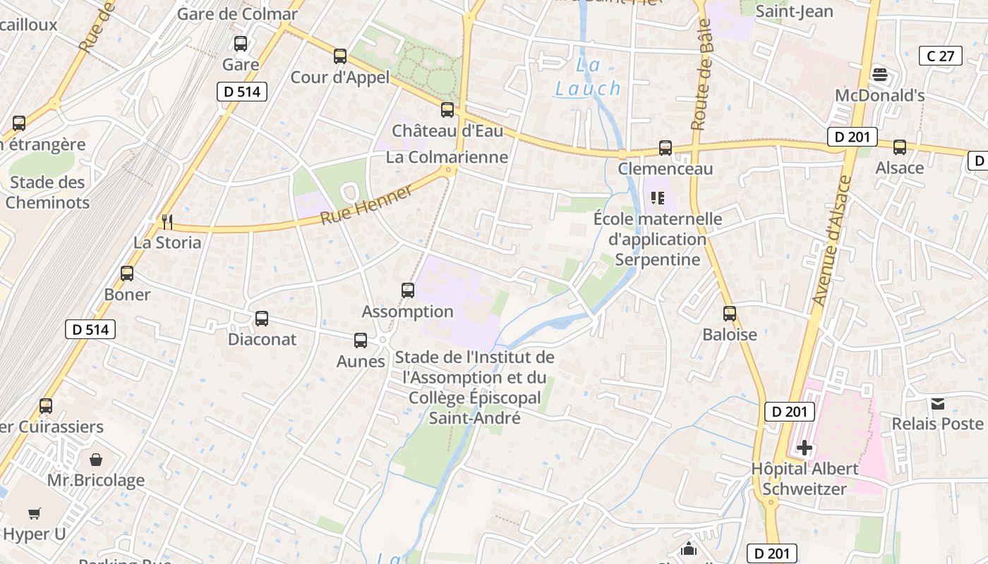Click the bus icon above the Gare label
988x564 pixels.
241,44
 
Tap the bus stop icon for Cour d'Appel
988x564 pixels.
340,56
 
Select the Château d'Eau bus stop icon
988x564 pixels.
447,110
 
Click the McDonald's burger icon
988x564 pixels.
879,74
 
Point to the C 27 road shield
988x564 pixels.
941,56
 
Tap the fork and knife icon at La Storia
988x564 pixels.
167,222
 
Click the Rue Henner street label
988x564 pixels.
366,204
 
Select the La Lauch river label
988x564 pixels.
588,77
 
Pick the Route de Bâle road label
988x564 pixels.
700,85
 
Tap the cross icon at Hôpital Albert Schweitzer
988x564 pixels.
804,448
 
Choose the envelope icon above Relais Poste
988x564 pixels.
937,403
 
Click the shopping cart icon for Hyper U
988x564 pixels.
35,514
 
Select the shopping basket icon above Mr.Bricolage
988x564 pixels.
96,460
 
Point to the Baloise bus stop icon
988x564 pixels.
730,314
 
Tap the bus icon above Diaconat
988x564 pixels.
262,319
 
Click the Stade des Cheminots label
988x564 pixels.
47,192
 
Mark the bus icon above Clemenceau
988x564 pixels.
665,148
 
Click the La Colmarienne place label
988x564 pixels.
447,157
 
